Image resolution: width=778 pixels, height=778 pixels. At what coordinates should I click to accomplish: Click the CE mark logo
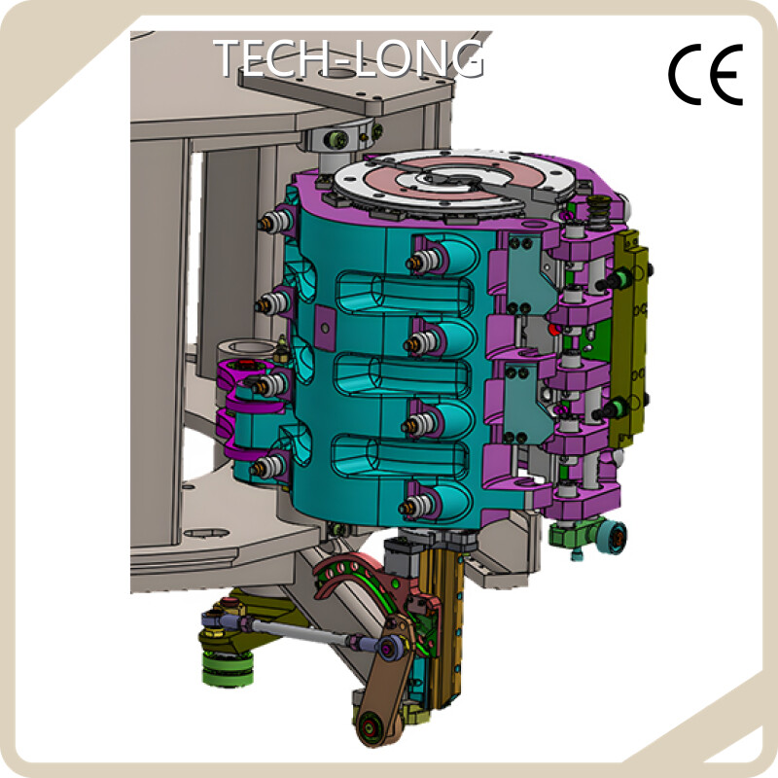(705, 75)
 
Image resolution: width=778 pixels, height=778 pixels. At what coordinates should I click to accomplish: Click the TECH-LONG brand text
(349, 58)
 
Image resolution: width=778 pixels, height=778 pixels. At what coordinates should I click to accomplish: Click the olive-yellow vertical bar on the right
(629, 337)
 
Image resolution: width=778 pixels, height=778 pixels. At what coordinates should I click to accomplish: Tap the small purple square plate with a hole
(325, 328)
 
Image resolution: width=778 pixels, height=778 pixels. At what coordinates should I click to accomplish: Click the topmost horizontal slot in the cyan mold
(405, 294)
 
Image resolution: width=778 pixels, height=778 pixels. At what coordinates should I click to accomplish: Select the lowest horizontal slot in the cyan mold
(400, 455)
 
